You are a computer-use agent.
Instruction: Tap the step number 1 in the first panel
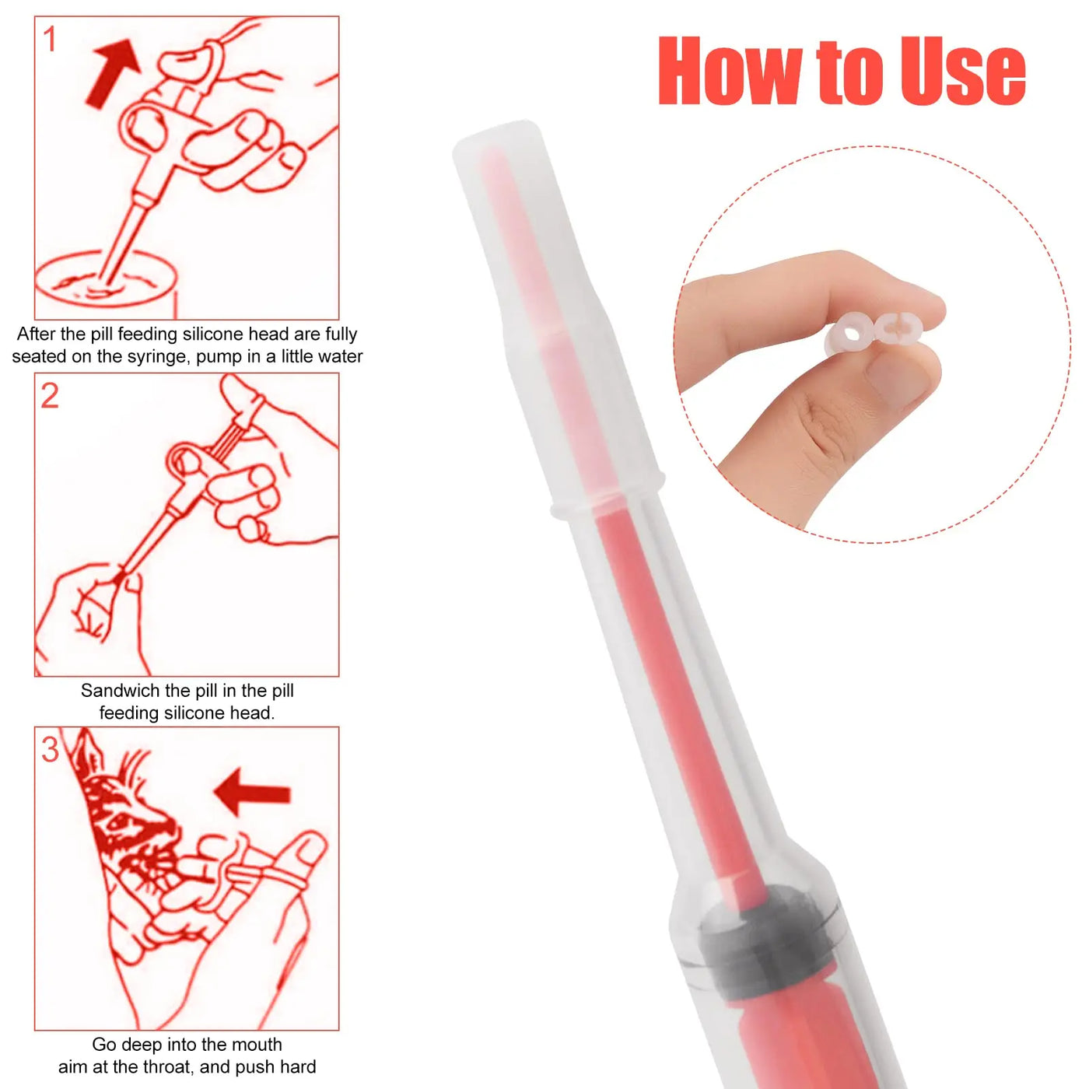(x=50, y=40)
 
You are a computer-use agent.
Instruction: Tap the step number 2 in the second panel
(x=50, y=396)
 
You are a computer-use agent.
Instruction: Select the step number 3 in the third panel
(x=50, y=750)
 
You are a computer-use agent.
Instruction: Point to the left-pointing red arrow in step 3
(x=252, y=792)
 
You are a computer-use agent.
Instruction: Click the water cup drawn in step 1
(x=107, y=279)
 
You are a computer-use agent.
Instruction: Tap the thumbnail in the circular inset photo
(x=899, y=375)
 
